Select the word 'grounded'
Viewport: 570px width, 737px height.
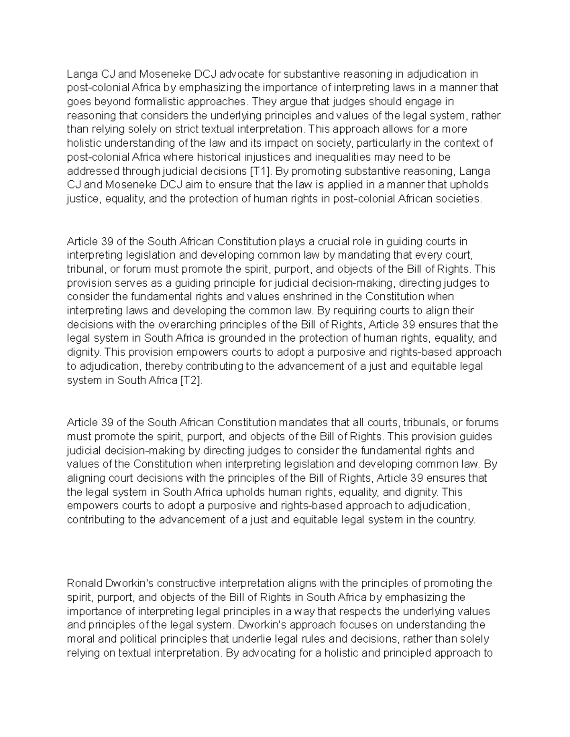coord(250,338)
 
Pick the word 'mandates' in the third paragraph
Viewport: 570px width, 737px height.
coord(303,422)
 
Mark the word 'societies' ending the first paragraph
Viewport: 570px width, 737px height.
coord(461,199)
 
